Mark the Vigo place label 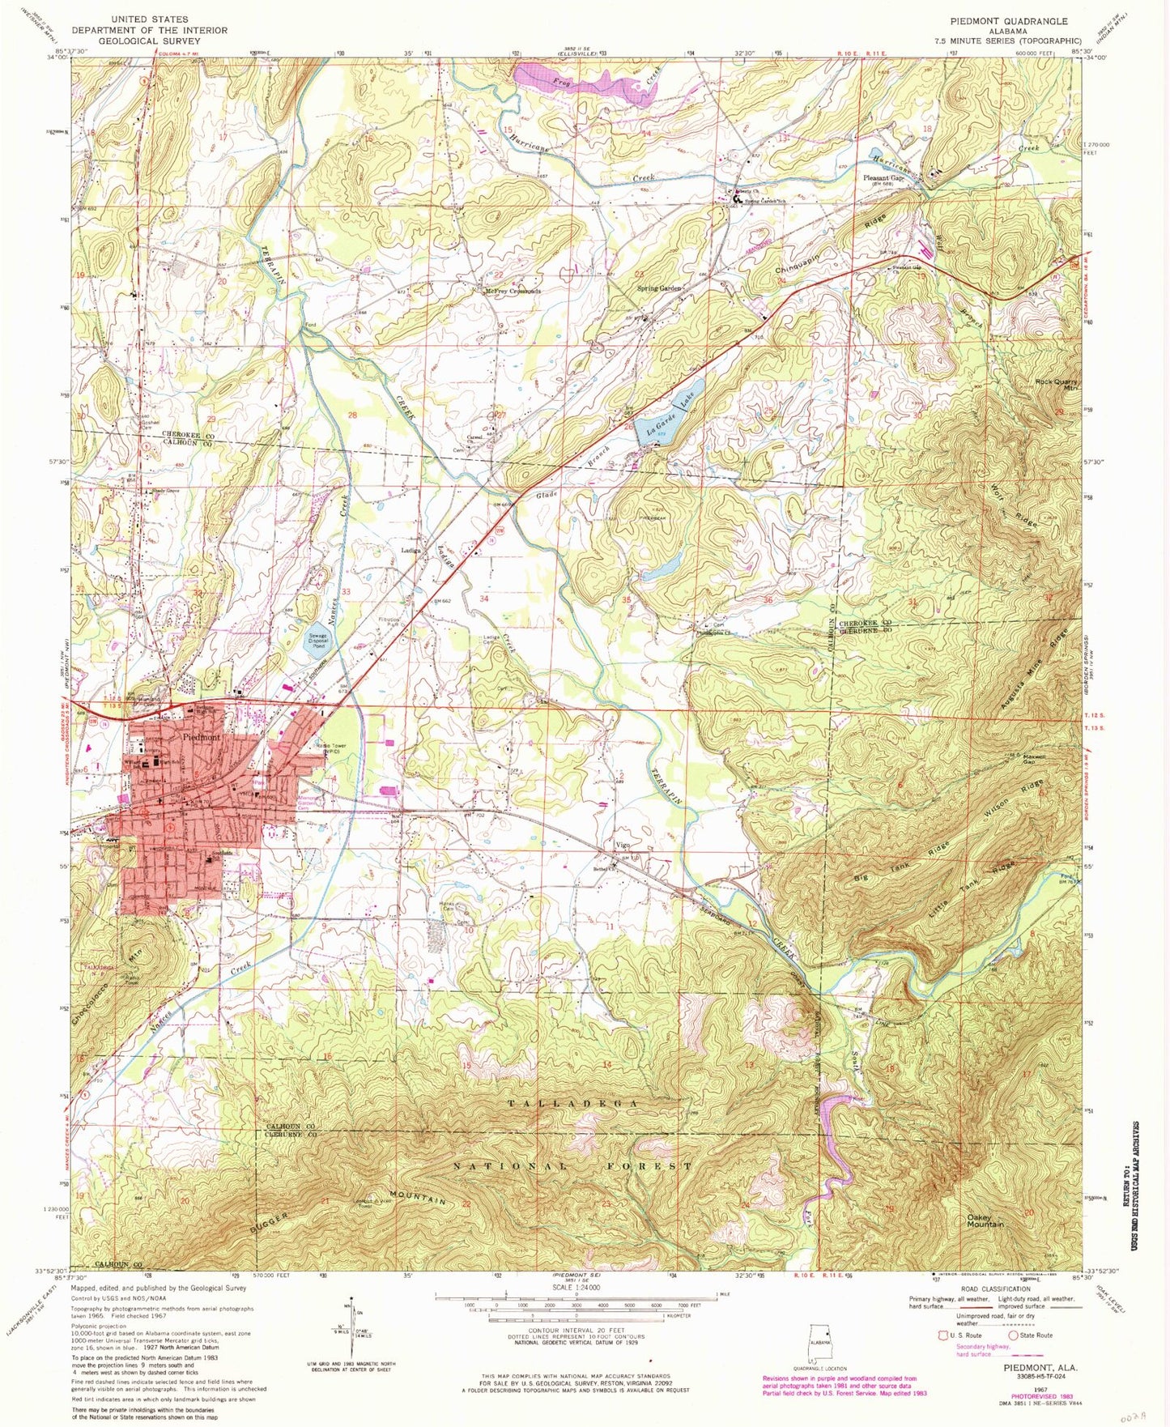pyautogui.click(x=623, y=845)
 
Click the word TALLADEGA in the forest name pyautogui.click(x=578, y=1104)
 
